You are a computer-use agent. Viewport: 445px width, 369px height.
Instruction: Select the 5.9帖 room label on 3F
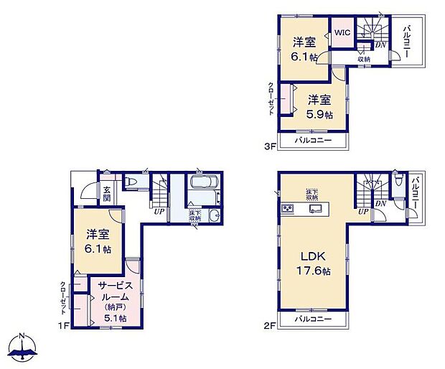point(321,106)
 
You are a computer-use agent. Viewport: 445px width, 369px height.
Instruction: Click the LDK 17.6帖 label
point(314,263)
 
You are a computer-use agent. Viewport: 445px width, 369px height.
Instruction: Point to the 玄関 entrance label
point(107,193)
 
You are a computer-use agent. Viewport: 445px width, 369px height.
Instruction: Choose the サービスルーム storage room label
point(115,302)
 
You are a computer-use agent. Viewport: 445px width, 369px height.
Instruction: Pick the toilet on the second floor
point(398,182)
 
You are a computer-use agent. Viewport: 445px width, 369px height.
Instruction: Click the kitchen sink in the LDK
point(315,209)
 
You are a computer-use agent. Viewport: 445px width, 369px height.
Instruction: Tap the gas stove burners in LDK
point(287,209)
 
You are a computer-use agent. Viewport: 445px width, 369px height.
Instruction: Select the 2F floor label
point(270,326)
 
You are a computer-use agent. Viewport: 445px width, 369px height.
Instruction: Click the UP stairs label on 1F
point(159,210)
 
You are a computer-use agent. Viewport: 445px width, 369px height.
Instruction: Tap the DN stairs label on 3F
point(381,45)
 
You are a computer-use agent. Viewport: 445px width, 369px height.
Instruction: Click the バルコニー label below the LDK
point(314,319)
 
